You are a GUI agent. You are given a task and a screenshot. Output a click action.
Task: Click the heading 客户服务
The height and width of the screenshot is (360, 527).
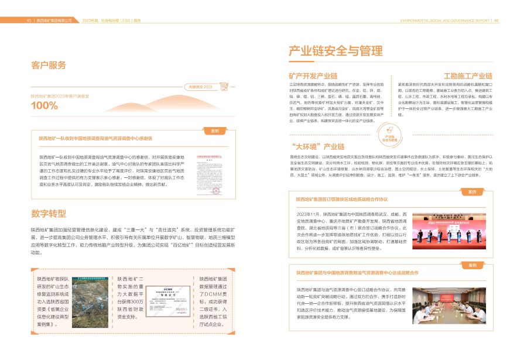point(49,65)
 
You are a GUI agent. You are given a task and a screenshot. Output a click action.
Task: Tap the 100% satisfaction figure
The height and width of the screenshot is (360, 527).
point(45,106)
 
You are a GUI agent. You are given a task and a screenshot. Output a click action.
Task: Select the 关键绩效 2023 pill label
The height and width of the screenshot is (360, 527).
point(200,87)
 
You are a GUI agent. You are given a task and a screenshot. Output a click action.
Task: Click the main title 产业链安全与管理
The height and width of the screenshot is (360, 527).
point(340,51)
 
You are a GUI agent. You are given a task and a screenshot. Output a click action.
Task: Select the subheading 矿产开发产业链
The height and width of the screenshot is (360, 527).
point(313,76)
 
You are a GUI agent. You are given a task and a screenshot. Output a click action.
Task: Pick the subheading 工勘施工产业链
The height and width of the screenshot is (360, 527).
point(468,76)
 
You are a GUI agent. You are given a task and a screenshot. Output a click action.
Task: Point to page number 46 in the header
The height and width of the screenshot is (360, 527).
point(496,20)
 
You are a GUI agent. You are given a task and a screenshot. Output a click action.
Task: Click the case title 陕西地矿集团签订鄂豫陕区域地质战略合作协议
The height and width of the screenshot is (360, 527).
point(342,199)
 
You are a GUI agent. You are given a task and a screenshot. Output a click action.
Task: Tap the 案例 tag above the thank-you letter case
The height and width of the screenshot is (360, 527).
point(215,131)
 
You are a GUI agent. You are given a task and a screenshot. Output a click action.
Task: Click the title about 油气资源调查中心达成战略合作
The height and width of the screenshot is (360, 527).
point(357,273)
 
